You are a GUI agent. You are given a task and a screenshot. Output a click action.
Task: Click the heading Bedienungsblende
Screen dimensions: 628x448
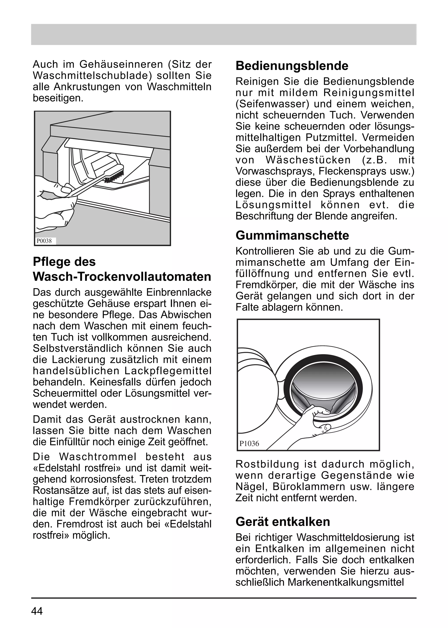click(x=292, y=66)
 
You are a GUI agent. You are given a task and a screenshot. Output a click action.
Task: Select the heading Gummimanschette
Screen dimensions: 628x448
click(x=292, y=235)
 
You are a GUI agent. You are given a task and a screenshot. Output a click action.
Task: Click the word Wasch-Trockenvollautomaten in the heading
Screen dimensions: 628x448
click(x=122, y=277)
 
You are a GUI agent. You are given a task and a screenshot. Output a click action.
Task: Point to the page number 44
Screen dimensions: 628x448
click(x=37, y=611)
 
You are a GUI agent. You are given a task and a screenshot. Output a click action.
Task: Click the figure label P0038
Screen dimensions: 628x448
click(x=44, y=241)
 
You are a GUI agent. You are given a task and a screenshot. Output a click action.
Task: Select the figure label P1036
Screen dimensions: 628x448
click(x=249, y=444)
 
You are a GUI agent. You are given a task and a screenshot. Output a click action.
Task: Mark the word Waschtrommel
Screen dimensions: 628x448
click(x=98, y=457)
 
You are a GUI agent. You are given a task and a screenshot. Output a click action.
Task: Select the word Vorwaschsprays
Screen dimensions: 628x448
click(x=275, y=171)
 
